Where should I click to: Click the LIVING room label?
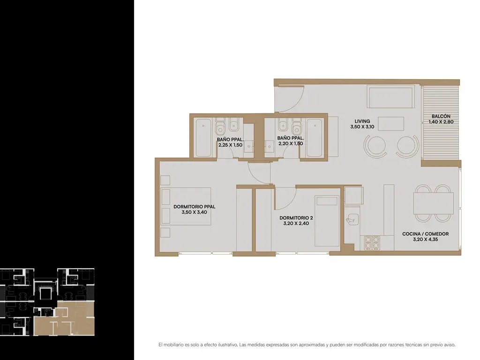pos(362,121)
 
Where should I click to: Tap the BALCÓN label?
pos(441,116)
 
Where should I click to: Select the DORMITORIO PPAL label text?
pos(195,207)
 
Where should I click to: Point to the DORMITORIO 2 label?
pos(296,218)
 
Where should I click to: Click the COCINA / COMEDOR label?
pos(425,234)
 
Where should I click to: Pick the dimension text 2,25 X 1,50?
pos(230,145)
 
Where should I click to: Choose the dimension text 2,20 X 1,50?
pos(291,143)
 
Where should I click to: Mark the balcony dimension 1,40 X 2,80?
pos(441,122)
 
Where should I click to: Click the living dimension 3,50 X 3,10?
pos(362,127)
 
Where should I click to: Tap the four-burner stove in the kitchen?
pos(372,243)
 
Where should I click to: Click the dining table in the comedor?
pos(433,203)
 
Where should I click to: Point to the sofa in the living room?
pos(390,97)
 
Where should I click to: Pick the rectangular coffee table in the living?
pos(390,124)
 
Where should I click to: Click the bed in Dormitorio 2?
pos(327,221)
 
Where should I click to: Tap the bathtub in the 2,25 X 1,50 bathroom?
pos(203,138)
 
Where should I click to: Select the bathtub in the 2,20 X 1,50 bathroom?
pos(315,138)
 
